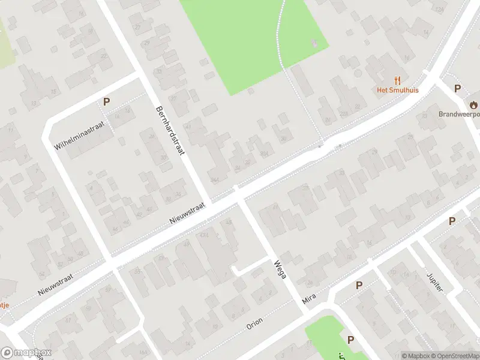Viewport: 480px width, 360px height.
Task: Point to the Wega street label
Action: [279, 272]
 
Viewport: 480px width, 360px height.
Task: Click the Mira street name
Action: [309, 298]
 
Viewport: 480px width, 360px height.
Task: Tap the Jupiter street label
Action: [435, 280]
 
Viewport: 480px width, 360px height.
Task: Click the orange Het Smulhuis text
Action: [397, 91]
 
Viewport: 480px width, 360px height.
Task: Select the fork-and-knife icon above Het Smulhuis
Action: [397, 80]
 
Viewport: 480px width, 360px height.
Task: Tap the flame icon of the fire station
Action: [474, 103]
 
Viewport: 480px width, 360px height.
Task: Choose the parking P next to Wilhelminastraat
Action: [106, 101]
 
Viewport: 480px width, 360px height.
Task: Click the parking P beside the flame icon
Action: [457, 89]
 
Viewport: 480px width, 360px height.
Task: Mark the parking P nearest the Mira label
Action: [359, 286]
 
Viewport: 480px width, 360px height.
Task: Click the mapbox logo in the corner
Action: [26, 353]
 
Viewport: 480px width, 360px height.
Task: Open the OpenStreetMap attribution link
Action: [455, 356]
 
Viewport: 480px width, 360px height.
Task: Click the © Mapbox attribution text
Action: [416, 356]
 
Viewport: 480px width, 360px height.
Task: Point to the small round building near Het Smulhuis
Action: [358, 73]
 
